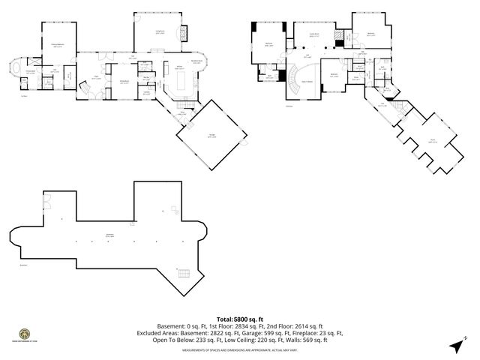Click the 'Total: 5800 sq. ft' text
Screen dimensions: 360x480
click(239, 317)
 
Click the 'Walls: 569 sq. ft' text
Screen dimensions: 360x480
click(307, 339)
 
